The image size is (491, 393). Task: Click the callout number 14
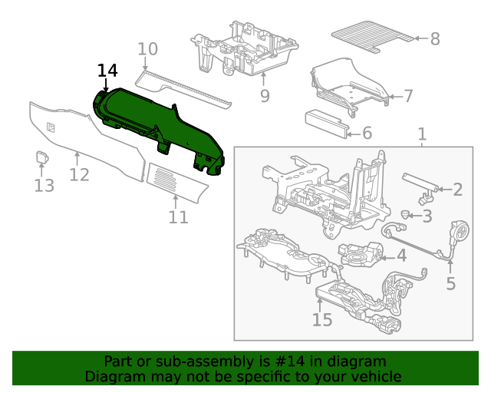tap(107, 71)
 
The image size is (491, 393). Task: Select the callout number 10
tap(147, 50)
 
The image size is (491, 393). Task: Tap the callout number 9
tap(265, 96)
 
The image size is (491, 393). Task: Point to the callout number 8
tap(434, 38)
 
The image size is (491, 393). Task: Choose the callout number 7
tap(408, 97)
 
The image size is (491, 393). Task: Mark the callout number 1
tap(421, 136)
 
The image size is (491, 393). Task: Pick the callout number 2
tap(457, 190)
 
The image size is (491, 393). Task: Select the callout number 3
tap(448, 216)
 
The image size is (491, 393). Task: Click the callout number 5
tap(450, 283)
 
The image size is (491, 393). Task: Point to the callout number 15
tap(322, 319)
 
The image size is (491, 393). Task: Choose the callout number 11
tap(178, 218)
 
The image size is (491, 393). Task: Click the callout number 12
tap(79, 175)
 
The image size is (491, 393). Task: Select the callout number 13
tap(44, 185)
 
